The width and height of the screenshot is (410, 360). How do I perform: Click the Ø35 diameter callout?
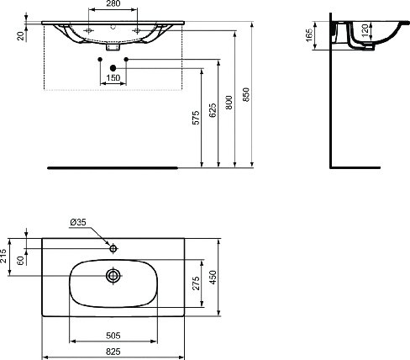77,223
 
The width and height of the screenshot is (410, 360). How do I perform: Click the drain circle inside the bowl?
111,274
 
